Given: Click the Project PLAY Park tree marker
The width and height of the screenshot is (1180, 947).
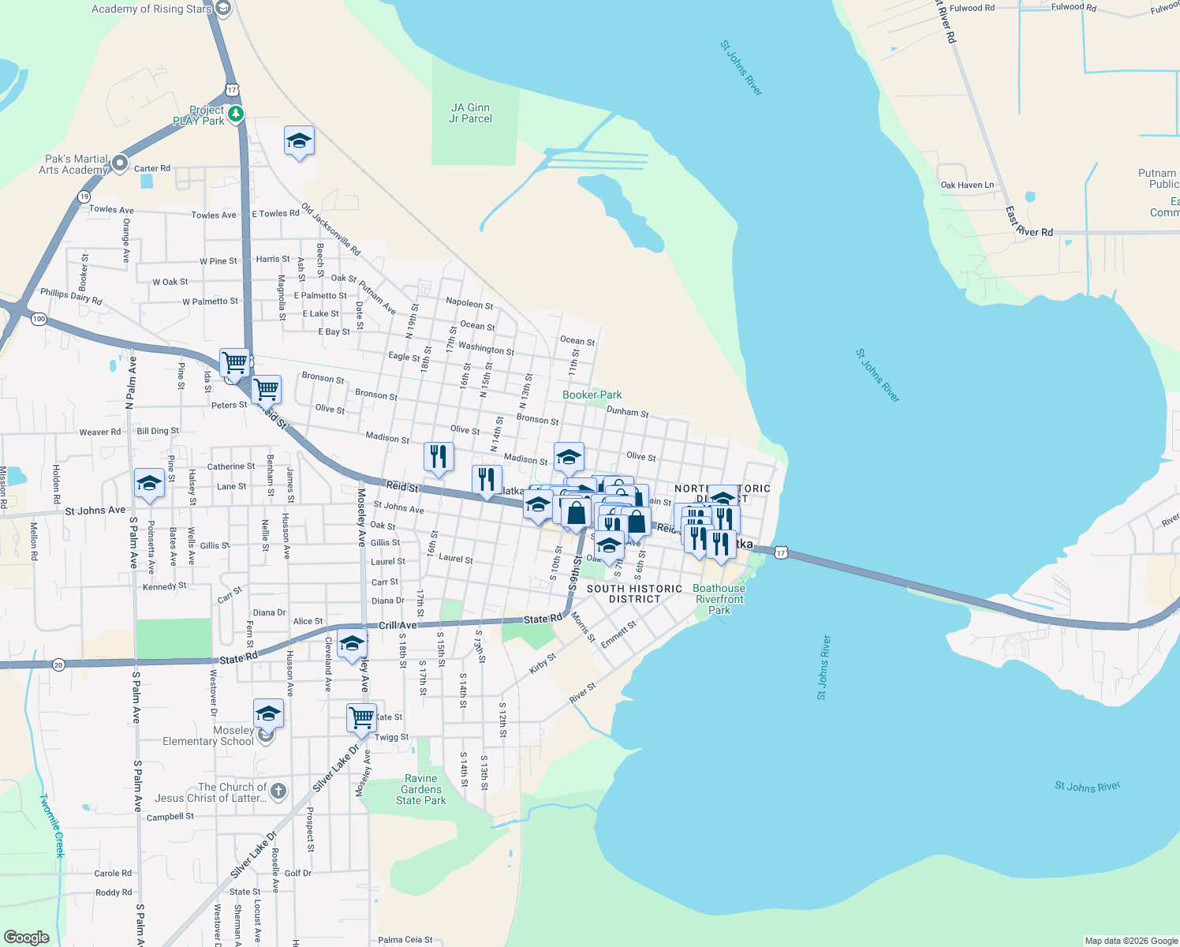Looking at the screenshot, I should click(x=235, y=114).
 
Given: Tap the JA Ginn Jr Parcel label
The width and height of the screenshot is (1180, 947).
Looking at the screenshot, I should click(x=470, y=113).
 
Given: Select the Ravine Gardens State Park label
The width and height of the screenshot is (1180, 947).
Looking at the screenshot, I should click(x=421, y=789).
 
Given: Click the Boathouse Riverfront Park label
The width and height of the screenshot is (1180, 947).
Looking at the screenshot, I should click(x=719, y=599).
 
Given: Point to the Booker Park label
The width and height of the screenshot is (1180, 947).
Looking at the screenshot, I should click(x=592, y=395).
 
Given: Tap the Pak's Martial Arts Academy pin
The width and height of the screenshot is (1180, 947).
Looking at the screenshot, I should click(x=120, y=163).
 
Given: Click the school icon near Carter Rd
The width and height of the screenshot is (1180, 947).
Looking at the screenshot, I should click(x=299, y=141).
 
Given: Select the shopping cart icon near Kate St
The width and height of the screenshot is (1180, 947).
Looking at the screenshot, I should click(x=361, y=718).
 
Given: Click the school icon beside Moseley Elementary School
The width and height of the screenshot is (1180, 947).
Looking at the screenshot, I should click(x=268, y=713).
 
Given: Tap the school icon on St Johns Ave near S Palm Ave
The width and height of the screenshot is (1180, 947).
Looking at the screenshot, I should click(x=148, y=483).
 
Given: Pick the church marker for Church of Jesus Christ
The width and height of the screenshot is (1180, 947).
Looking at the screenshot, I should click(x=278, y=791).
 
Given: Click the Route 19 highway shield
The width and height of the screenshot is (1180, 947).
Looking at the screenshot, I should click(x=84, y=197).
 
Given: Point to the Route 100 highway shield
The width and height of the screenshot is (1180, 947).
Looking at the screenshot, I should click(x=39, y=319).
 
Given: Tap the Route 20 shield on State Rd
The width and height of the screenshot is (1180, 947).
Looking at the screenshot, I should click(x=58, y=665).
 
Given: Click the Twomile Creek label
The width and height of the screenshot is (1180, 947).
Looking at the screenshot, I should click(x=53, y=825).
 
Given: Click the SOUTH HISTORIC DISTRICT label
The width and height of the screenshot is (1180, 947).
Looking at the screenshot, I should click(x=634, y=593).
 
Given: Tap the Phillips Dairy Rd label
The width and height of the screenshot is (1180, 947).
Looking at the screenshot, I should click(x=71, y=297).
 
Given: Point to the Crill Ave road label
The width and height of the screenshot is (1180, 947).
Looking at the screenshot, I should click(x=398, y=625).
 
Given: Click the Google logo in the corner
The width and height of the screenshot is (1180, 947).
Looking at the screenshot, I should click(x=26, y=937).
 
